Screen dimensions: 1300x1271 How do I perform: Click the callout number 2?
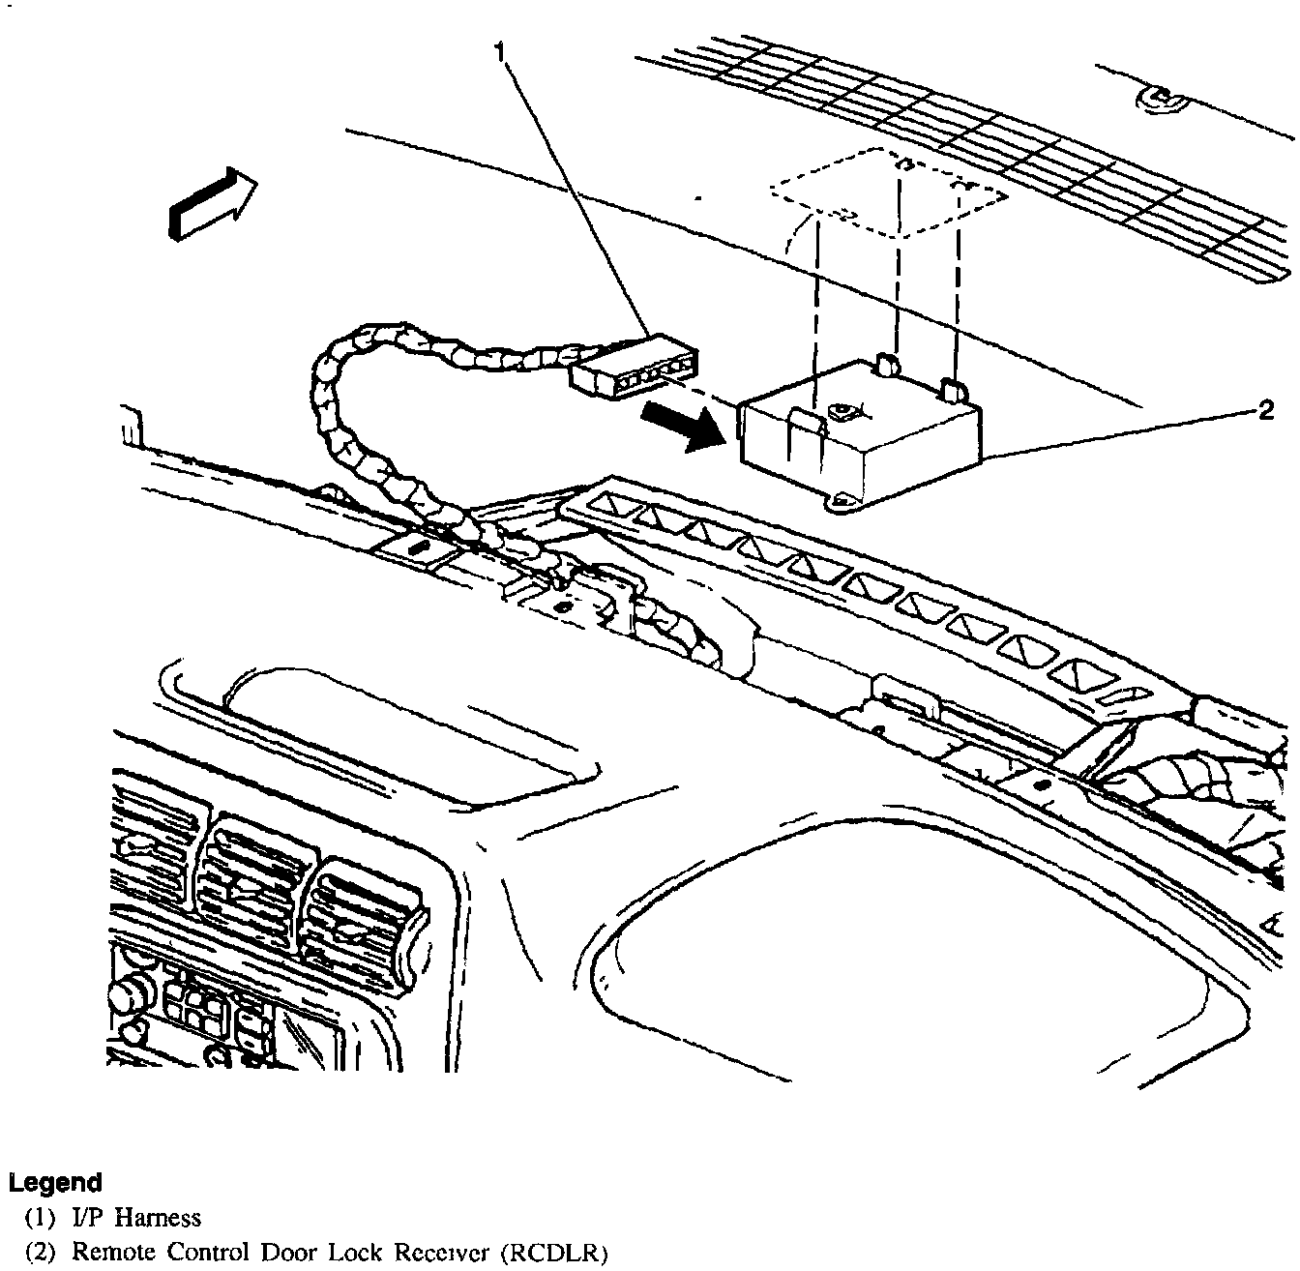[x=1266, y=411]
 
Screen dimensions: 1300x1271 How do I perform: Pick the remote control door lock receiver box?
[x=861, y=430]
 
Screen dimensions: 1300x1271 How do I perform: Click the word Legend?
[x=55, y=1182]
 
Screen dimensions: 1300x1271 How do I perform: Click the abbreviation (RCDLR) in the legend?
[x=554, y=1255]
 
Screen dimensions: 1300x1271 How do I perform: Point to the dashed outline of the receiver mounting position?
[x=888, y=189]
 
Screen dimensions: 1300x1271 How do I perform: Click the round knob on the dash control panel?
[x=129, y=993]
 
